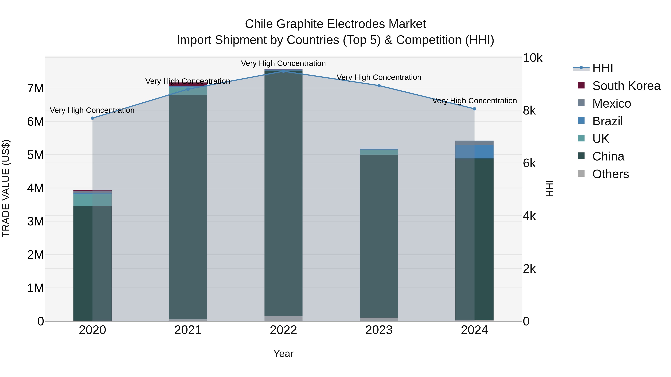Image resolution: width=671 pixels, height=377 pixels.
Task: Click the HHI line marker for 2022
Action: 283,71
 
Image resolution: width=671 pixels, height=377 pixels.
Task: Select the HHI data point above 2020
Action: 92,118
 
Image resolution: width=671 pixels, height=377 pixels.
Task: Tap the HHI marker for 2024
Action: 474,109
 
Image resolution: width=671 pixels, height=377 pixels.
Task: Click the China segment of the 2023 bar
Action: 379,234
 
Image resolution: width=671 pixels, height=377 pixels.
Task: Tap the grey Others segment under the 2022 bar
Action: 283,319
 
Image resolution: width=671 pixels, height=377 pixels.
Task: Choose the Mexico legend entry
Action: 611,104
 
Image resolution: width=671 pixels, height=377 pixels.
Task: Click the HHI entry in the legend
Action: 602,68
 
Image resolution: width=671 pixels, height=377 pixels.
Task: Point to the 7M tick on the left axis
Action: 35,88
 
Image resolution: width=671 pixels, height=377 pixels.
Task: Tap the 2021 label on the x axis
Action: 188,330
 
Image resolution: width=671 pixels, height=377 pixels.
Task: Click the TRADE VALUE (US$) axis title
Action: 6,188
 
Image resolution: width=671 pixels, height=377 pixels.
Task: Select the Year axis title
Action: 283,354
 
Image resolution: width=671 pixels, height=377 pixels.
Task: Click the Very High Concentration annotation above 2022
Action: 283,63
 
